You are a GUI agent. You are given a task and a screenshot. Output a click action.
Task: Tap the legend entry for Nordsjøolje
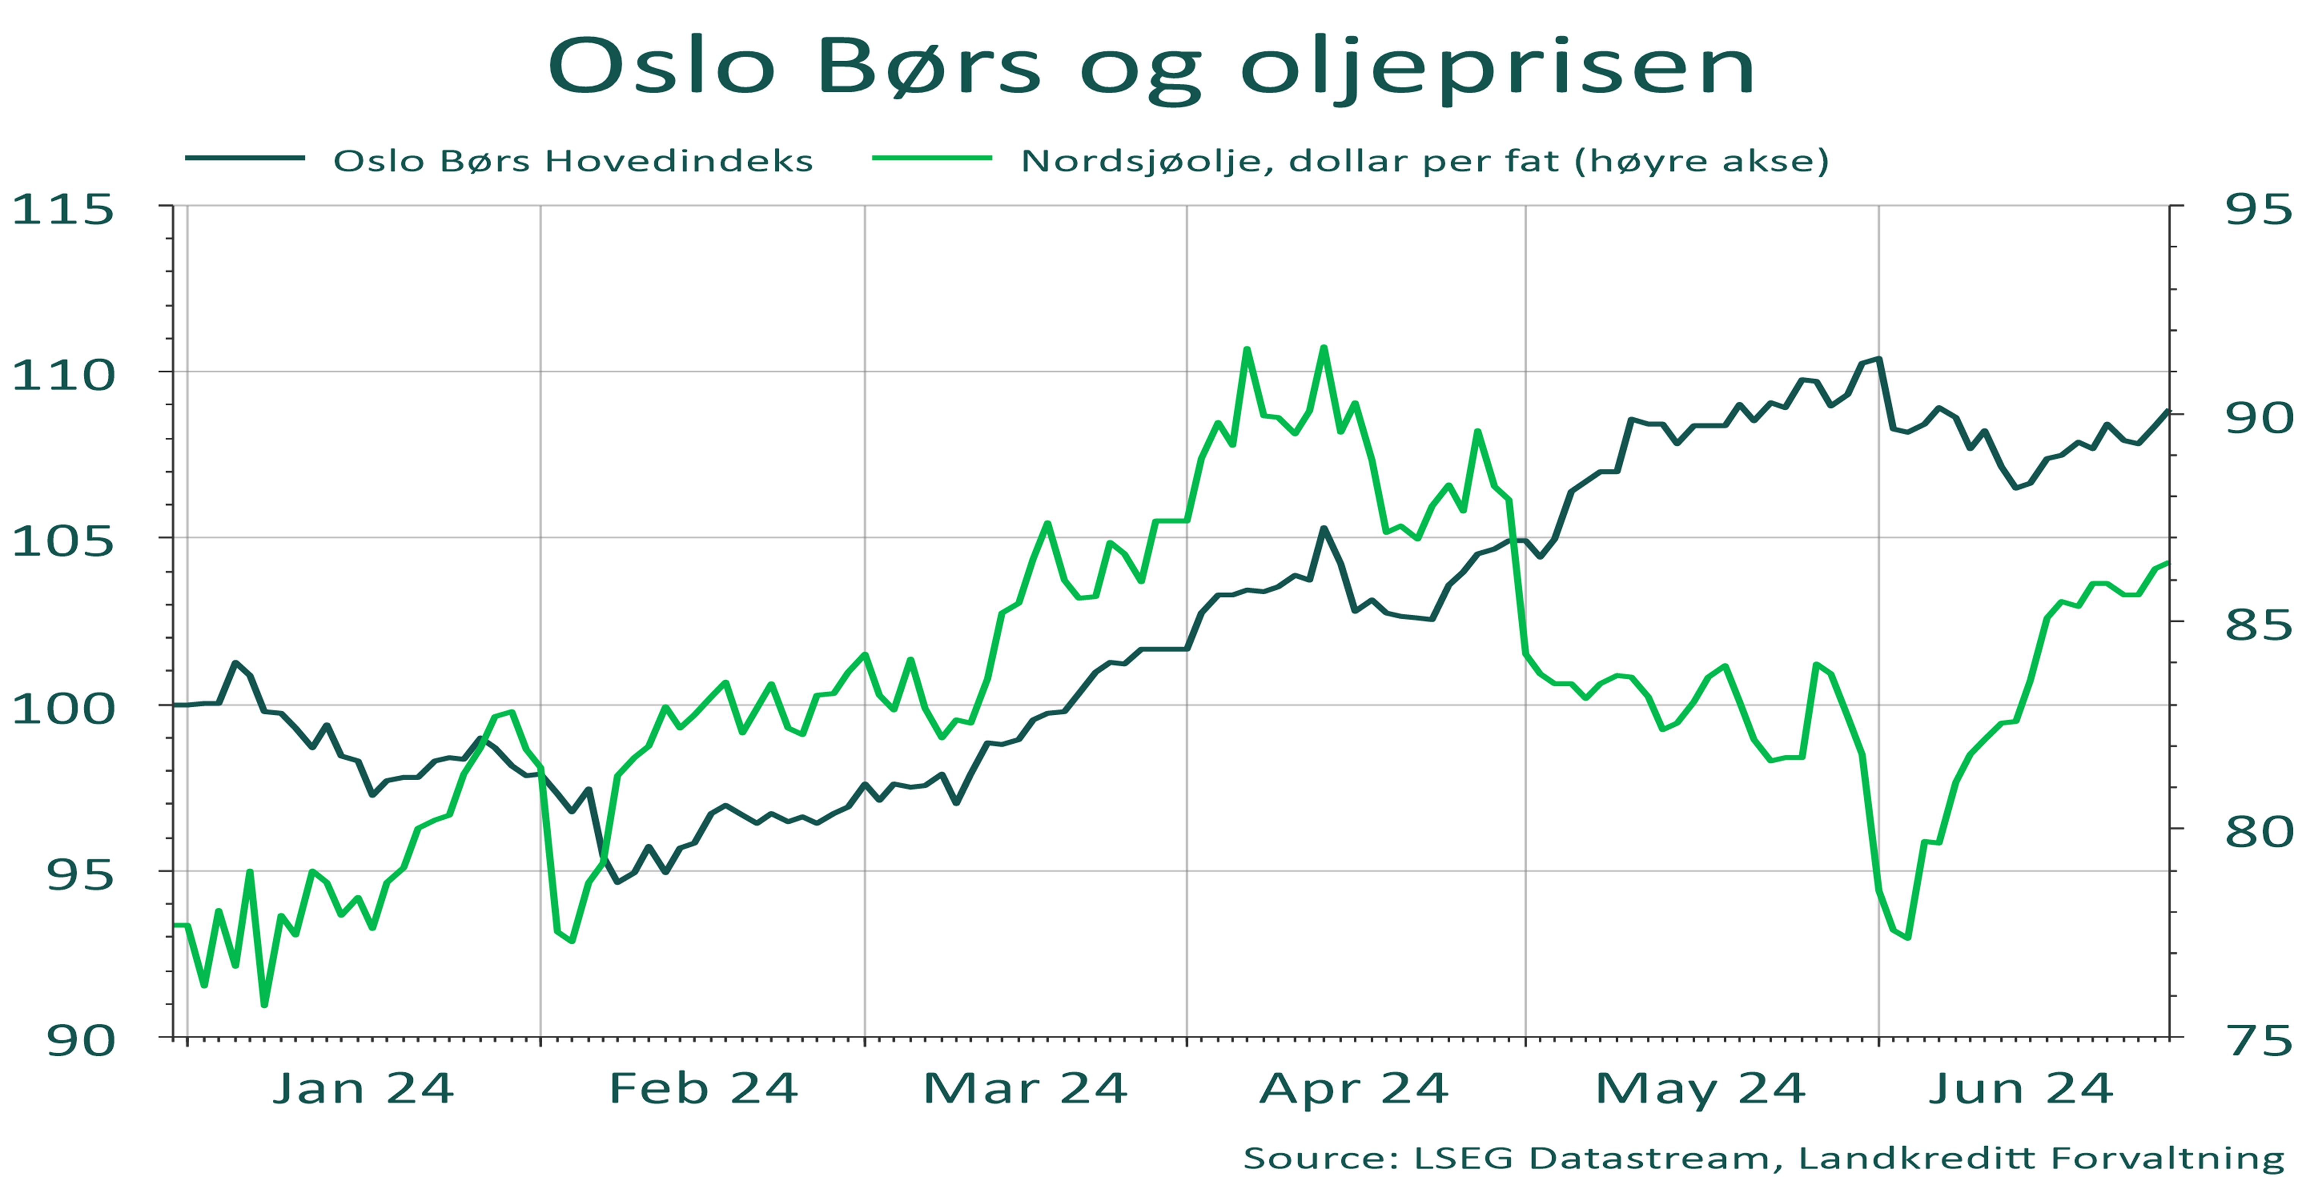tap(1423, 161)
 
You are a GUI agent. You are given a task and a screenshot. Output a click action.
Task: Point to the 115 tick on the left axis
tap(63, 211)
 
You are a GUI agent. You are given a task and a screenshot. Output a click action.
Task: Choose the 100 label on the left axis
tap(63, 709)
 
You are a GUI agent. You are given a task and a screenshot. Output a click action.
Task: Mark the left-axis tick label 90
tap(80, 1041)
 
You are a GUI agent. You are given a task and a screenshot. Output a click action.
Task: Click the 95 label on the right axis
tap(2258, 211)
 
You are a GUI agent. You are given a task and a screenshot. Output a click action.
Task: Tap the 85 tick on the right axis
tap(2258, 625)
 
